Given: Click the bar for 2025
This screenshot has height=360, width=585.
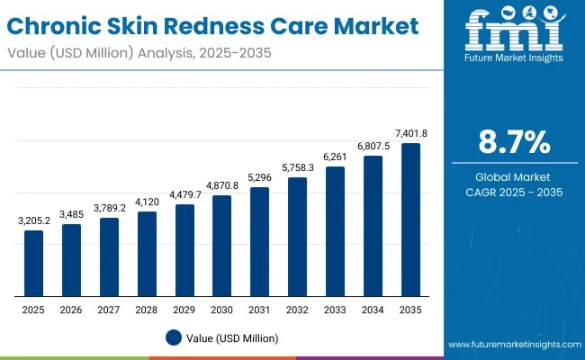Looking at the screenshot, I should coord(33,263).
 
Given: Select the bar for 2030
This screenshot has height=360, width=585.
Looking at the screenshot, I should coord(222,246).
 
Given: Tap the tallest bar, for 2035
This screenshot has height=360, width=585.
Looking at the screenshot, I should coord(410,220).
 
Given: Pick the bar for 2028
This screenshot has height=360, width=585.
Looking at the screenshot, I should coord(147,254).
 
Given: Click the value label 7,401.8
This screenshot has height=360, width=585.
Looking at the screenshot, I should coord(410,134).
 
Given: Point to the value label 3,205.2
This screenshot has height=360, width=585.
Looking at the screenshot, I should coord(33,221).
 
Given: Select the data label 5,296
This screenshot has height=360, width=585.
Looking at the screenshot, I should coord(259,178).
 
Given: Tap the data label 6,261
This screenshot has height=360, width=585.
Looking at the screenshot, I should coord(335,157).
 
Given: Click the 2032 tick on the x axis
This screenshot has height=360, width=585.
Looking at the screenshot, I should coord(297,309).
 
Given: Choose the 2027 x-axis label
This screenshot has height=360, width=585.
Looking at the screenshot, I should coord(109,309).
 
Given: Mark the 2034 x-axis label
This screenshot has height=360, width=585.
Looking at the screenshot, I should coord(373,309).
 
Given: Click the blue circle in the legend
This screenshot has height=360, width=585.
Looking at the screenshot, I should coord(175,338).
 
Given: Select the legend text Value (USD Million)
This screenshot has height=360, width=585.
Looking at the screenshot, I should coord(233,338).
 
